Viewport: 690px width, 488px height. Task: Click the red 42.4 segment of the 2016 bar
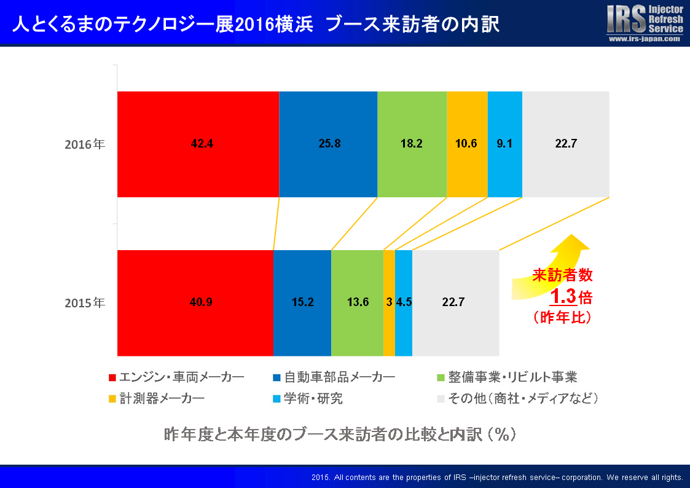pyautogui.click(x=198, y=144)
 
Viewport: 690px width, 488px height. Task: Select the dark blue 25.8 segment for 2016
pyautogui.click(x=328, y=144)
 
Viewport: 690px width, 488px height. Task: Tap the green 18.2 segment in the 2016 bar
pyautogui.click(x=412, y=144)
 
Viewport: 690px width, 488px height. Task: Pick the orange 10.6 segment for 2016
pyautogui.click(x=467, y=144)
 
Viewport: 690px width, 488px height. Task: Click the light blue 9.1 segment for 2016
pyautogui.click(x=505, y=144)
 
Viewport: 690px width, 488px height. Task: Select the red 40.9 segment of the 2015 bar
pyautogui.click(x=195, y=302)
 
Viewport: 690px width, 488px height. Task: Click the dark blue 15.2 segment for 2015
pyautogui.click(x=302, y=302)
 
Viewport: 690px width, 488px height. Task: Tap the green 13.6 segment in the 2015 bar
pyautogui.click(x=357, y=302)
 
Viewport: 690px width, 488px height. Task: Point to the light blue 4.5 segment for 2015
pyautogui.click(x=404, y=302)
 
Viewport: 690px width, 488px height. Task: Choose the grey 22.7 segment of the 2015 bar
pyautogui.click(x=455, y=302)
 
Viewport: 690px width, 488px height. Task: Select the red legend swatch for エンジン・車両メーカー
pyautogui.click(x=112, y=377)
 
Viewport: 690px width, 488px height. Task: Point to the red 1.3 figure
pyautogui.click(x=563, y=297)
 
